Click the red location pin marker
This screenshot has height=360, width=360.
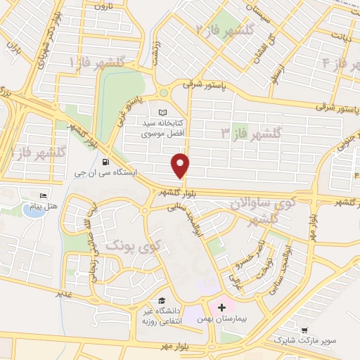pyautogui.click(x=181, y=165)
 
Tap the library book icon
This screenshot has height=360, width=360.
pyautogui.click(x=163, y=112)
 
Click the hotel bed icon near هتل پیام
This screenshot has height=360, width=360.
pyautogui.click(x=44, y=195)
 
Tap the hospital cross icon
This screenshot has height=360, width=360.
pyautogui.click(x=222, y=307)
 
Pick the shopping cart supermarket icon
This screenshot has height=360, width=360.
pyautogui.click(x=304, y=330)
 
